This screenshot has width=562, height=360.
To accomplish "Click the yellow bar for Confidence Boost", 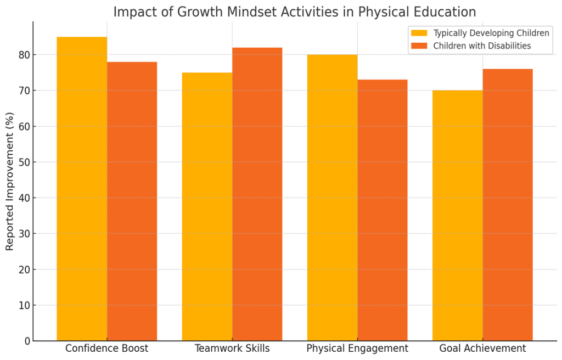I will pos(82,189).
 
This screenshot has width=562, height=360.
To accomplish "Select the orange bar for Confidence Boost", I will pos(132,201).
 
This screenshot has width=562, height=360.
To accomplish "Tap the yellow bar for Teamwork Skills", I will pos(207,207).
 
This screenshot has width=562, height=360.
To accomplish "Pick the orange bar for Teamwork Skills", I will pos(257,194).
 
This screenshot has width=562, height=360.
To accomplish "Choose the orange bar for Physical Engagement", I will pos(382,210).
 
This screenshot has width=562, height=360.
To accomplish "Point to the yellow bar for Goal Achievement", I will pos(457,216).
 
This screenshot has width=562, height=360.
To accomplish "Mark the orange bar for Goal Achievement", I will pos(507,205).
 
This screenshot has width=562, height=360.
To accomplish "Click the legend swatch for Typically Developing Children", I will pos(419,33).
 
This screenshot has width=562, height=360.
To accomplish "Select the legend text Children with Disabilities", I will pos(482,46).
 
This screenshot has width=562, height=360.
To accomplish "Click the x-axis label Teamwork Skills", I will pos(232,348).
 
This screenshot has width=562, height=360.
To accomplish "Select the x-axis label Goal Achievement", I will pos(482,348).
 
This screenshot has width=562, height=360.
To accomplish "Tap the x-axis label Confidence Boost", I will pos(106,348).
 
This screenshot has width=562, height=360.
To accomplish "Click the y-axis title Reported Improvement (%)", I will pos(10,181).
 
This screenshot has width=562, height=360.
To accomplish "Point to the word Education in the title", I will pos(444,12).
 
